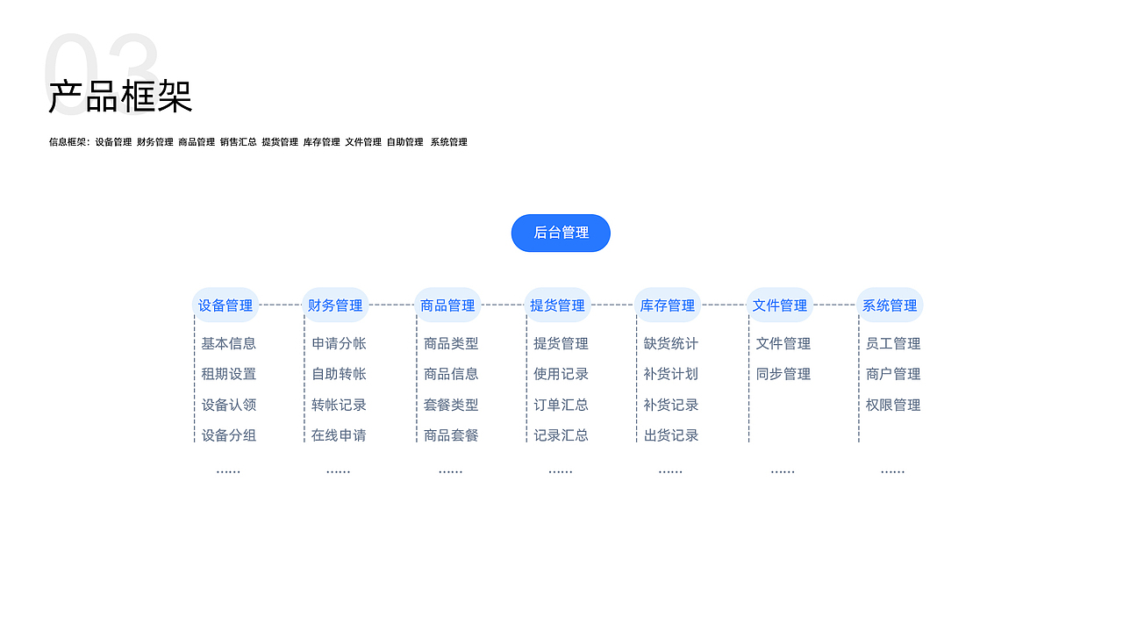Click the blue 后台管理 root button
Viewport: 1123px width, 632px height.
561,233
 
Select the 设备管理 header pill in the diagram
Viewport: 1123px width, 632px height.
225,305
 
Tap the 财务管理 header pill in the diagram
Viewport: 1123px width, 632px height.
335,305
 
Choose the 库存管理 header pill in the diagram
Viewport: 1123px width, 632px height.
667,305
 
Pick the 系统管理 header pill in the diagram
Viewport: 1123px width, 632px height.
890,305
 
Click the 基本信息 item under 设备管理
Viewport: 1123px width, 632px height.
228,343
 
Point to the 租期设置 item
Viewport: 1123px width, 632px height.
228,374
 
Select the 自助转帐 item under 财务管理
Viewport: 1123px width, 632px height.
339,374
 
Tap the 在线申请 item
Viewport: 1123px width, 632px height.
339,435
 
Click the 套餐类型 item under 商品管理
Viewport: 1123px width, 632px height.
451,405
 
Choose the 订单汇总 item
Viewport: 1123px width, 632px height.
561,405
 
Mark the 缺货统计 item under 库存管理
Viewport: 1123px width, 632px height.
670,343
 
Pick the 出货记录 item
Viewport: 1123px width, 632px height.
670,435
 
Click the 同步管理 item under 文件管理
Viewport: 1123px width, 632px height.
783,374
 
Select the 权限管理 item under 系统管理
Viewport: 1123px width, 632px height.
893,405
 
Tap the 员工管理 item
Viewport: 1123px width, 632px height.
893,343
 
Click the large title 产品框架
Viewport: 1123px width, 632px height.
120,97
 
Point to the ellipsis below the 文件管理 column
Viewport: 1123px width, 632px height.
783,471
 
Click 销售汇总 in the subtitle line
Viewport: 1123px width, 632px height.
238,142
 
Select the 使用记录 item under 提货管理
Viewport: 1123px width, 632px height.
561,374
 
